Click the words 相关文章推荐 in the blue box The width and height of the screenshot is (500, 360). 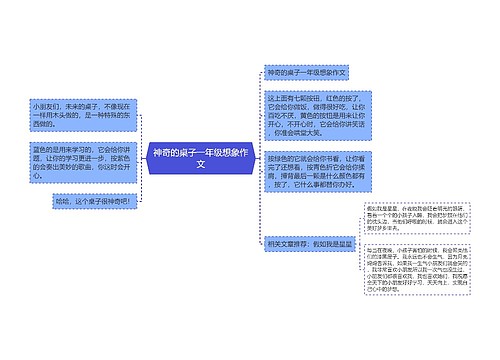[290, 243]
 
